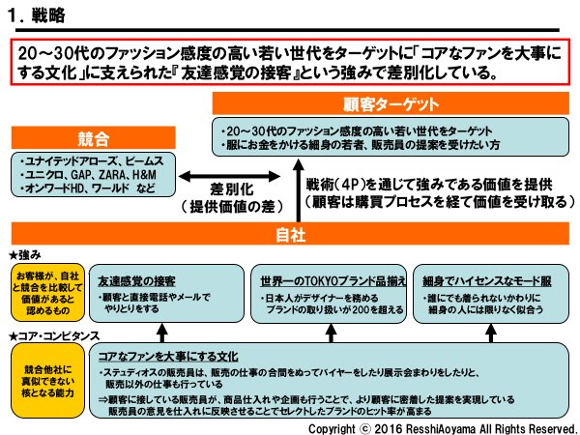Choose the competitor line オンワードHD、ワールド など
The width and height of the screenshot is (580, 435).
tap(88, 190)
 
